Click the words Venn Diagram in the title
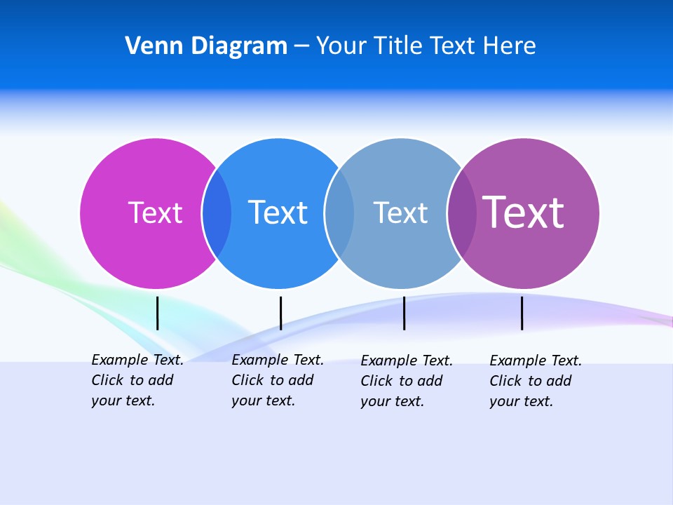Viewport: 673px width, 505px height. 206,46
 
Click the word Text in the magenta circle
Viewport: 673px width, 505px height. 155,213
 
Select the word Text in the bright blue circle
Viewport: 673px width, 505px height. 278,213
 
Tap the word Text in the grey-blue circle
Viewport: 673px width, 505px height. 400,213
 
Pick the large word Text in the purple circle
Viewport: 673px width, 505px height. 523,213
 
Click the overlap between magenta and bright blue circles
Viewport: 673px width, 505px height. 217,213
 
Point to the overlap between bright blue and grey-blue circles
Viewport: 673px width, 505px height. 339,213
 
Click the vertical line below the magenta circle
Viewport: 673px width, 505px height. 157,313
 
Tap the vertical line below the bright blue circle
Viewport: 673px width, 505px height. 280,313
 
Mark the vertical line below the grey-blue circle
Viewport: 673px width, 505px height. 404,313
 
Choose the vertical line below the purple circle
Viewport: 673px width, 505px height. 522,313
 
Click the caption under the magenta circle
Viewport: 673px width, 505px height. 137,380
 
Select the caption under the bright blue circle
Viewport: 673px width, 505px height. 277,380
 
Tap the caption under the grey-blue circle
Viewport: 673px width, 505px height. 406,381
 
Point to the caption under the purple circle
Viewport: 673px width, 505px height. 535,381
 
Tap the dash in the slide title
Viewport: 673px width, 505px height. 301,46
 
